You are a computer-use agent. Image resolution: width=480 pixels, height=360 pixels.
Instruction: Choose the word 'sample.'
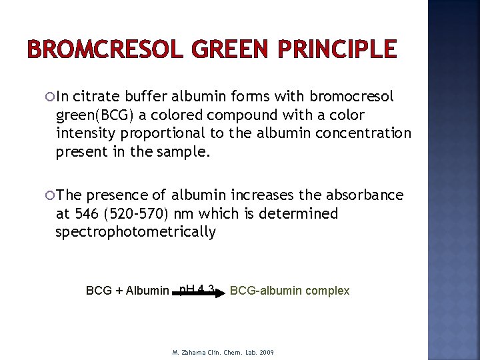click(x=185, y=151)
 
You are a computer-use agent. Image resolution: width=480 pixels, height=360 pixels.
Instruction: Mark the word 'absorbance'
click(x=365, y=195)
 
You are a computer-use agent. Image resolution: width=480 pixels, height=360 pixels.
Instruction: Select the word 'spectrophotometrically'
click(x=136, y=232)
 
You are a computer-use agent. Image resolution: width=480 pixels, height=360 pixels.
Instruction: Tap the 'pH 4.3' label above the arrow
click(x=197, y=287)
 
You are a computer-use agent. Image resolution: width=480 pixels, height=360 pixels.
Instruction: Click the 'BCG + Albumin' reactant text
click(x=127, y=291)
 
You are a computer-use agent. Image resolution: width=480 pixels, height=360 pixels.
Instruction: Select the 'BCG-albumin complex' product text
click(x=289, y=291)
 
